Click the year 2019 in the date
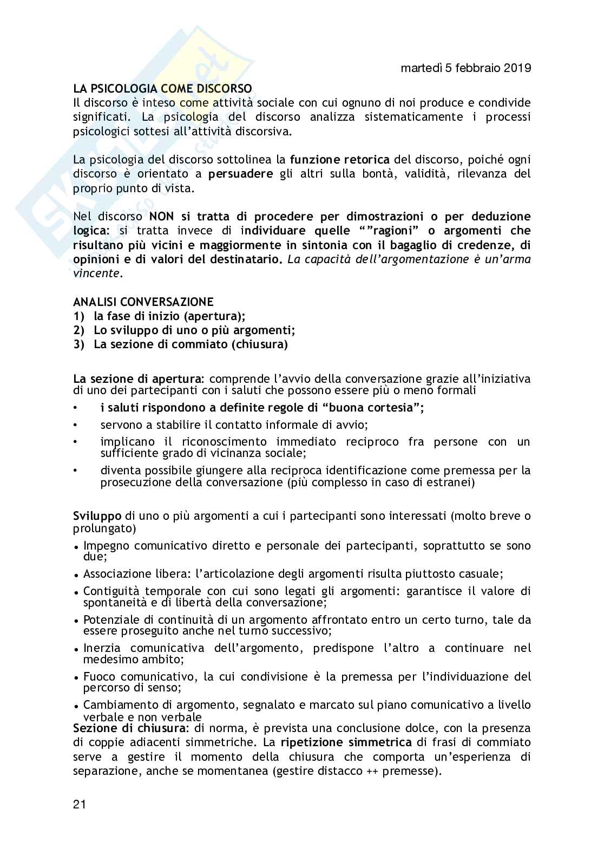coord(517,68)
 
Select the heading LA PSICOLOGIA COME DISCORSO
coord(162,89)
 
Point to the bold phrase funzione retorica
coord(339,160)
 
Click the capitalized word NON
coord(161,217)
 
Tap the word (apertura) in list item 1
coord(213,316)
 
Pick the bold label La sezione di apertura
coord(137,378)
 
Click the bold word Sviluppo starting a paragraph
coord(97,516)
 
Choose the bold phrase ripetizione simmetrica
coord(346,742)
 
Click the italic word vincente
coord(96,273)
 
